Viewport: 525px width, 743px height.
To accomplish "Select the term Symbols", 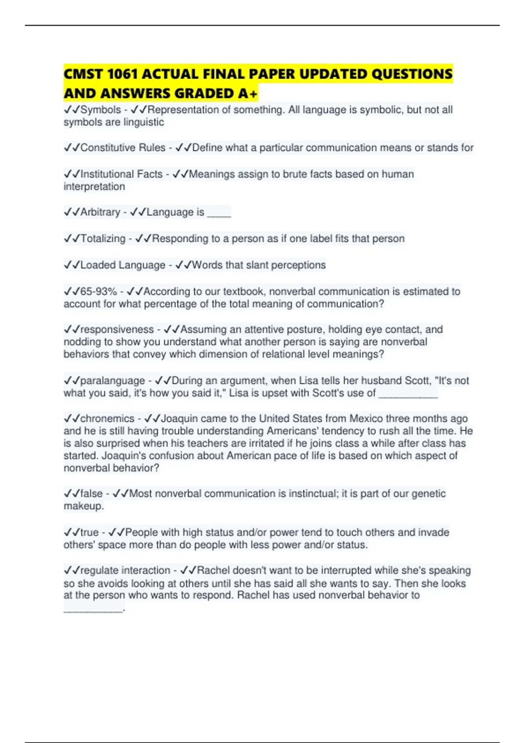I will pos(101,110).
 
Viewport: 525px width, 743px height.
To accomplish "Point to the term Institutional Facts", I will pos(121,174).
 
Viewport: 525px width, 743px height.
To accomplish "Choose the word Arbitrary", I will pos(100,212).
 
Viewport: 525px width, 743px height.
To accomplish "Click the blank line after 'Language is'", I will pos(219,214).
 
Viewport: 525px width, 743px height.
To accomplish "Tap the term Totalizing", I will pos(103,239).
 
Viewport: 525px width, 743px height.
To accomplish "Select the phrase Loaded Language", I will pos(122,265).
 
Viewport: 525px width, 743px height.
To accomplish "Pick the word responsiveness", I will pos(117,330).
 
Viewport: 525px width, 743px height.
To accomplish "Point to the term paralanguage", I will pos(112,381).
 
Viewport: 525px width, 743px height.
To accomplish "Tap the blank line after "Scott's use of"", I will pos(408,395).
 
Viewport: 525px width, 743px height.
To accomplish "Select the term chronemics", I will pos(107,419).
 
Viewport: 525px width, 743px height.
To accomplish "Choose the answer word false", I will pos(91,494).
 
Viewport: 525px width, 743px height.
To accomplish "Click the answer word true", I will pos(89,532).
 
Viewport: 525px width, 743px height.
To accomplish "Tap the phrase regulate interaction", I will pos(125,570).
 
